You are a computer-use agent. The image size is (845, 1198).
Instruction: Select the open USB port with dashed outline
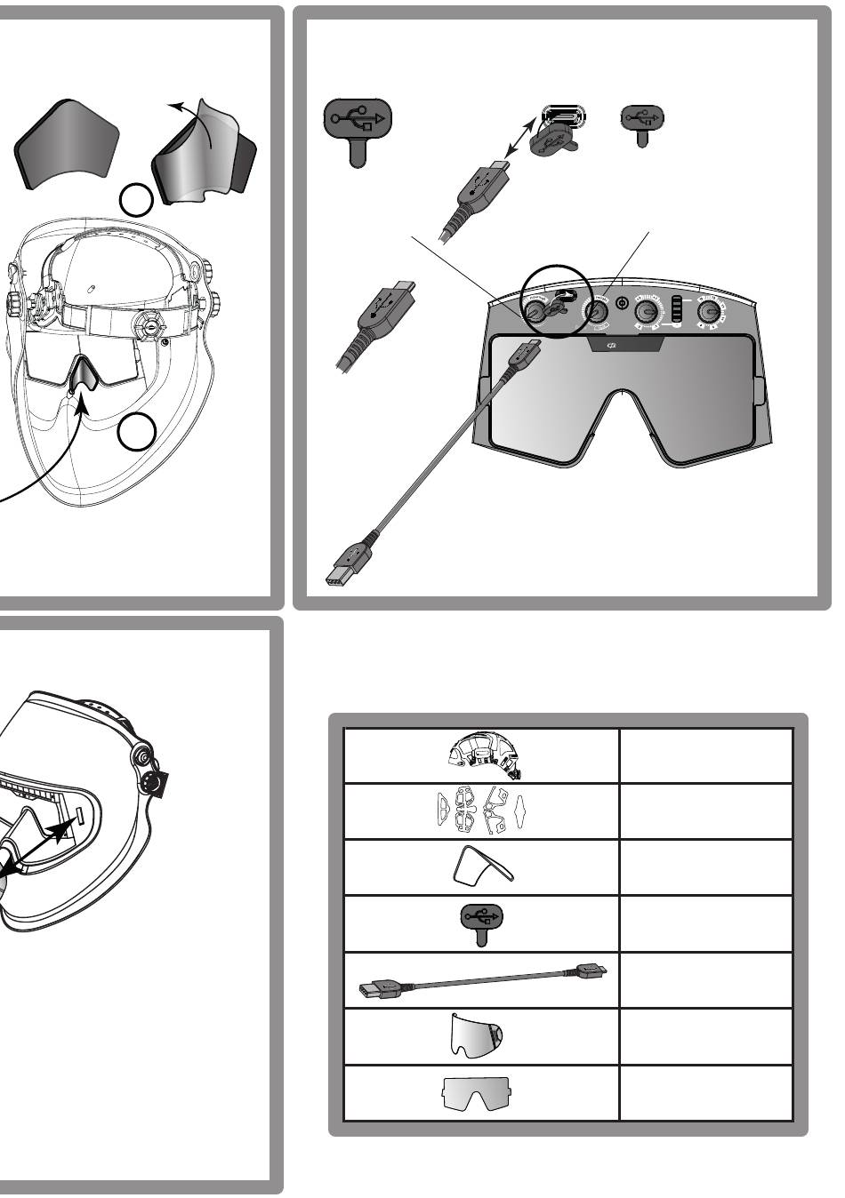[x=560, y=116]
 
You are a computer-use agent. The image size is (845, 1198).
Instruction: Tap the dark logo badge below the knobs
[x=623, y=345]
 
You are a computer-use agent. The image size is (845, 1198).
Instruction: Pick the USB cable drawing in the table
[x=481, y=979]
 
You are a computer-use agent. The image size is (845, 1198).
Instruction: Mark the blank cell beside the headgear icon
[x=705, y=756]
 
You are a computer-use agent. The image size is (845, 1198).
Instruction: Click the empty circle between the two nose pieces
[x=136, y=200]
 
